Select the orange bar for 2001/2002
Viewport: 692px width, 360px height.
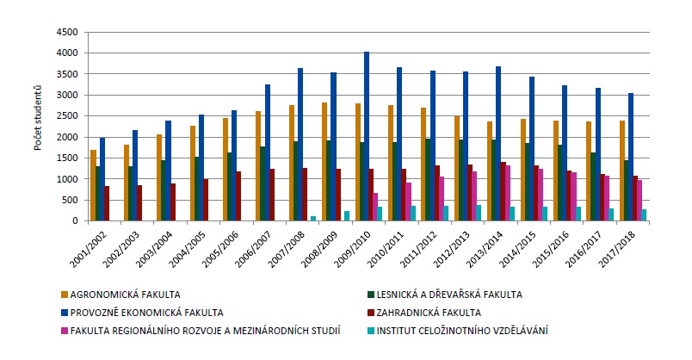pyautogui.click(x=94, y=185)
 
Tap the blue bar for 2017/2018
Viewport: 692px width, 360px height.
pyautogui.click(x=631, y=157)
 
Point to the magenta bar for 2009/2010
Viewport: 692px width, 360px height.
pyautogui.click(x=374, y=207)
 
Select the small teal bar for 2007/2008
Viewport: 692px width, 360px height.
pyautogui.click(x=313, y=218)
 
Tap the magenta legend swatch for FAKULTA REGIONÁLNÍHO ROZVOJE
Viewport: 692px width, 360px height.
pyautogui.click(x=66, y=329)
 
